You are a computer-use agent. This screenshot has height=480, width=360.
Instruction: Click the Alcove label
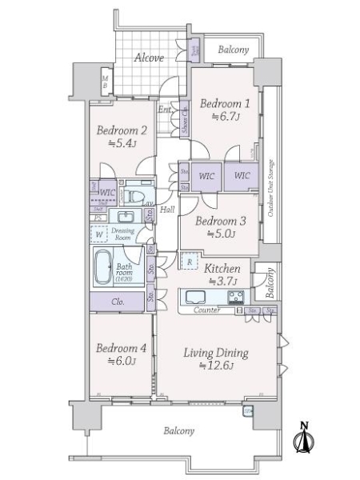pyautogui.click(x=149, y=58)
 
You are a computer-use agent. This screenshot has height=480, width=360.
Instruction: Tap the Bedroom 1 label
pyautogui.click(x=225, y=103)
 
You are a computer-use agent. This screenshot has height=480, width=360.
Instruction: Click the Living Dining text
pyautogui.click(x=216, y=353)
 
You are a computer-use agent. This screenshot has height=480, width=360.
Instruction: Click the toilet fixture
pyautogui.click(x=135, y=194)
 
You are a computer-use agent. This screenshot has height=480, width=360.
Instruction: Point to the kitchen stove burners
pyautogui.click(x=237, y=298)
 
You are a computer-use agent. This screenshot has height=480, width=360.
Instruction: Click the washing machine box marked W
pyautogui.click(x=99, y=234)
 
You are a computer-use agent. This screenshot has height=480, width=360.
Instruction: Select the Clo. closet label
pyautogui.click(x=117, y=302)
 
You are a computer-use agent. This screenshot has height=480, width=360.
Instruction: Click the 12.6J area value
pyautogui.click(x=216, y=366)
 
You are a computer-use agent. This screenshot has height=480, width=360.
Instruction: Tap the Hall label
pyautogui.click(x=168, y=209)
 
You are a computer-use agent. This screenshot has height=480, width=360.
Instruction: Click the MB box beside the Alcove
pyautogui.click(x=105, y=81)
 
